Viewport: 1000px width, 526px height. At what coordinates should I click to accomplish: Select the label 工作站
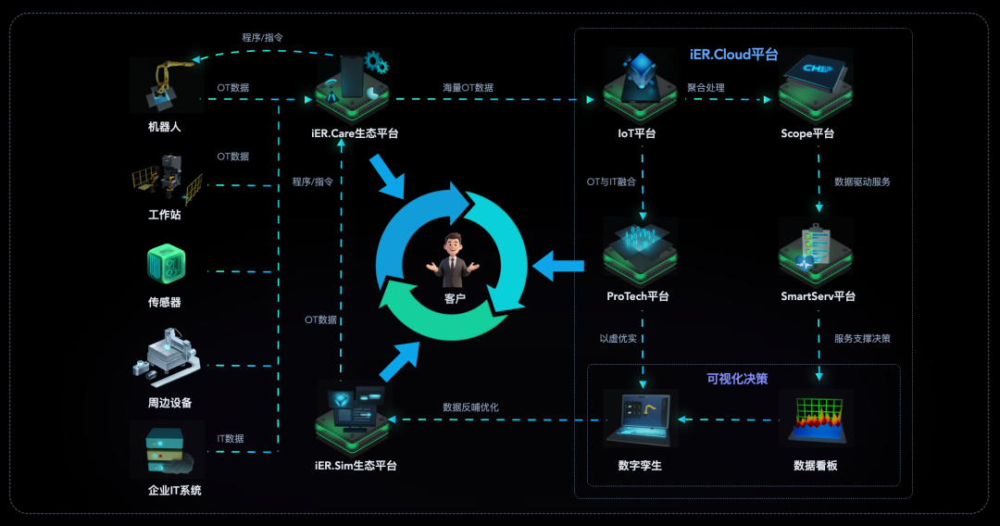click(165, 215)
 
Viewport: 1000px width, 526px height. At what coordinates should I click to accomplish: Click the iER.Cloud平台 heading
click(733, 55)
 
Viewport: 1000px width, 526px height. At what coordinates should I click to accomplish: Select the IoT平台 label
click(637, 133)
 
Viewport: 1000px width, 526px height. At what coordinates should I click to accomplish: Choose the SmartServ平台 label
click(818, 296)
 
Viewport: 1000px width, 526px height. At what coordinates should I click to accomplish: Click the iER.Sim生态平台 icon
click(353, 416)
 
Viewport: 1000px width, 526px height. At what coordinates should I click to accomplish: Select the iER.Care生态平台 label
click(355, 133)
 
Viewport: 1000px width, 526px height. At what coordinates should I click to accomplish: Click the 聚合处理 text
click(706, 88)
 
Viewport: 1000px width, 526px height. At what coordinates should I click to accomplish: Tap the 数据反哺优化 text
click(470, 407)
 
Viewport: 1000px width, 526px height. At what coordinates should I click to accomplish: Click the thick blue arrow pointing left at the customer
click(559, 268)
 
